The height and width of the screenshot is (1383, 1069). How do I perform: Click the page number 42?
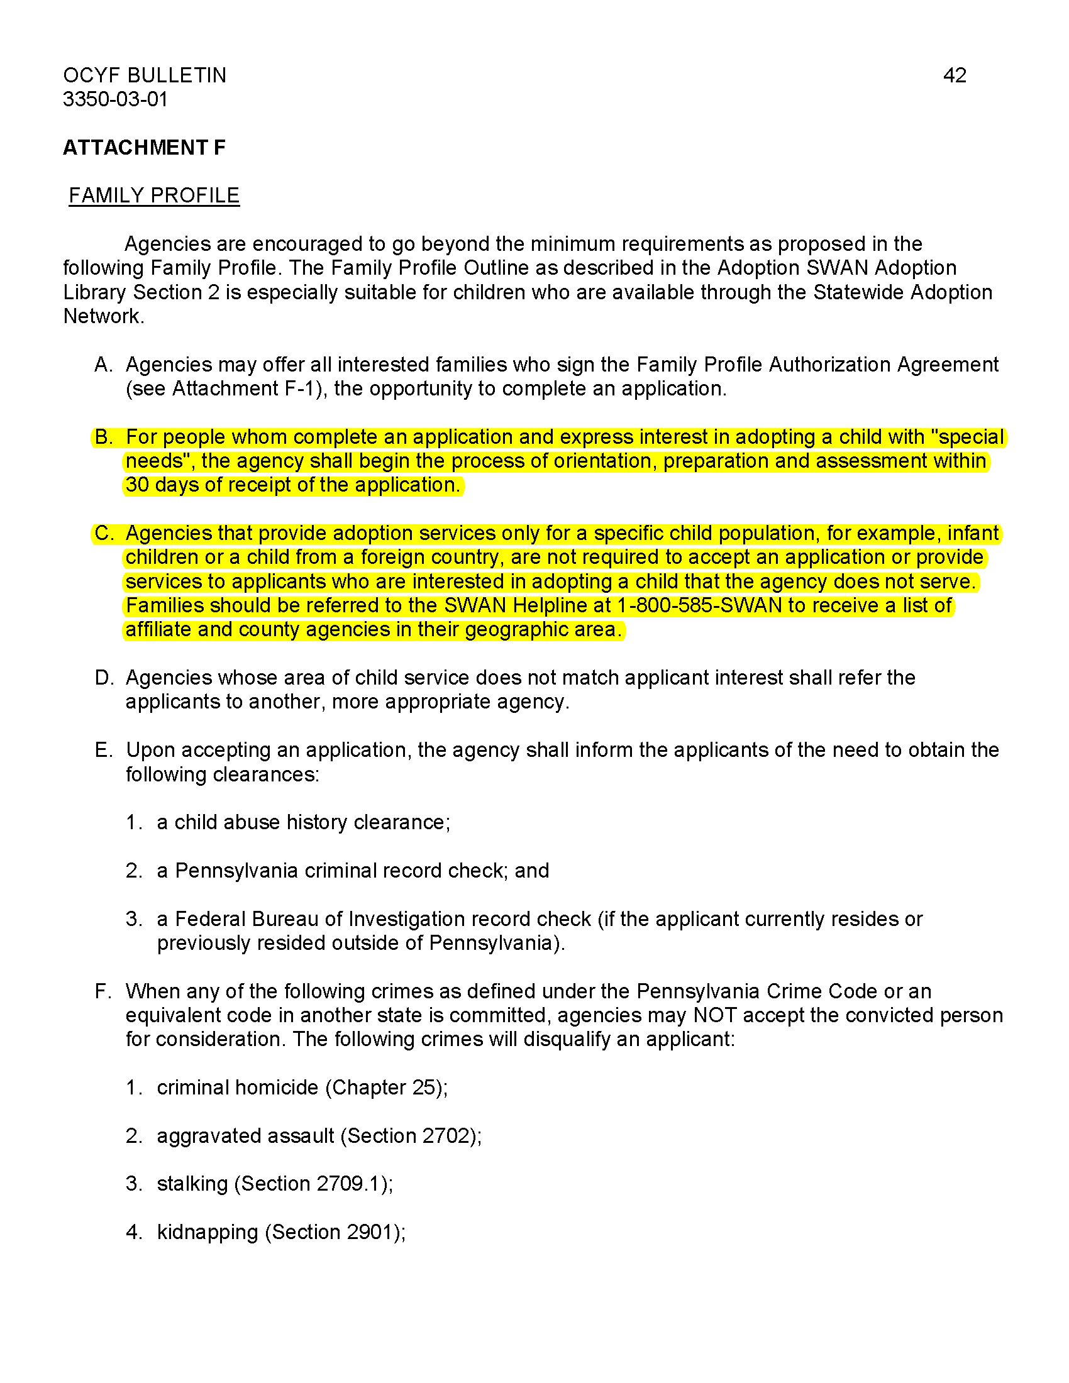954,75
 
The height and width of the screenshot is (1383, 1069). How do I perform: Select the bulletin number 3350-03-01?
115,99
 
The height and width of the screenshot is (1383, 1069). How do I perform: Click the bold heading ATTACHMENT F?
144,148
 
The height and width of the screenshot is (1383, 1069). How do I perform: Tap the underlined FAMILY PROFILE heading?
154,196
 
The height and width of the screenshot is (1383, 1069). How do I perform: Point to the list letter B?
102,437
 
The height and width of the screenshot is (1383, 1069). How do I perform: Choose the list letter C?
103,533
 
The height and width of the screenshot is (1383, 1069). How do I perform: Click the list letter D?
103,678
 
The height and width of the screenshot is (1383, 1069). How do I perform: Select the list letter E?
102,750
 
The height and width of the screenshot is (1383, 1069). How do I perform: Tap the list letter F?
102,991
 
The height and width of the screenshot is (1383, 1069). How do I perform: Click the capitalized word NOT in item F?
714,1015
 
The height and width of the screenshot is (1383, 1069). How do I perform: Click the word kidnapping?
207,1231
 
